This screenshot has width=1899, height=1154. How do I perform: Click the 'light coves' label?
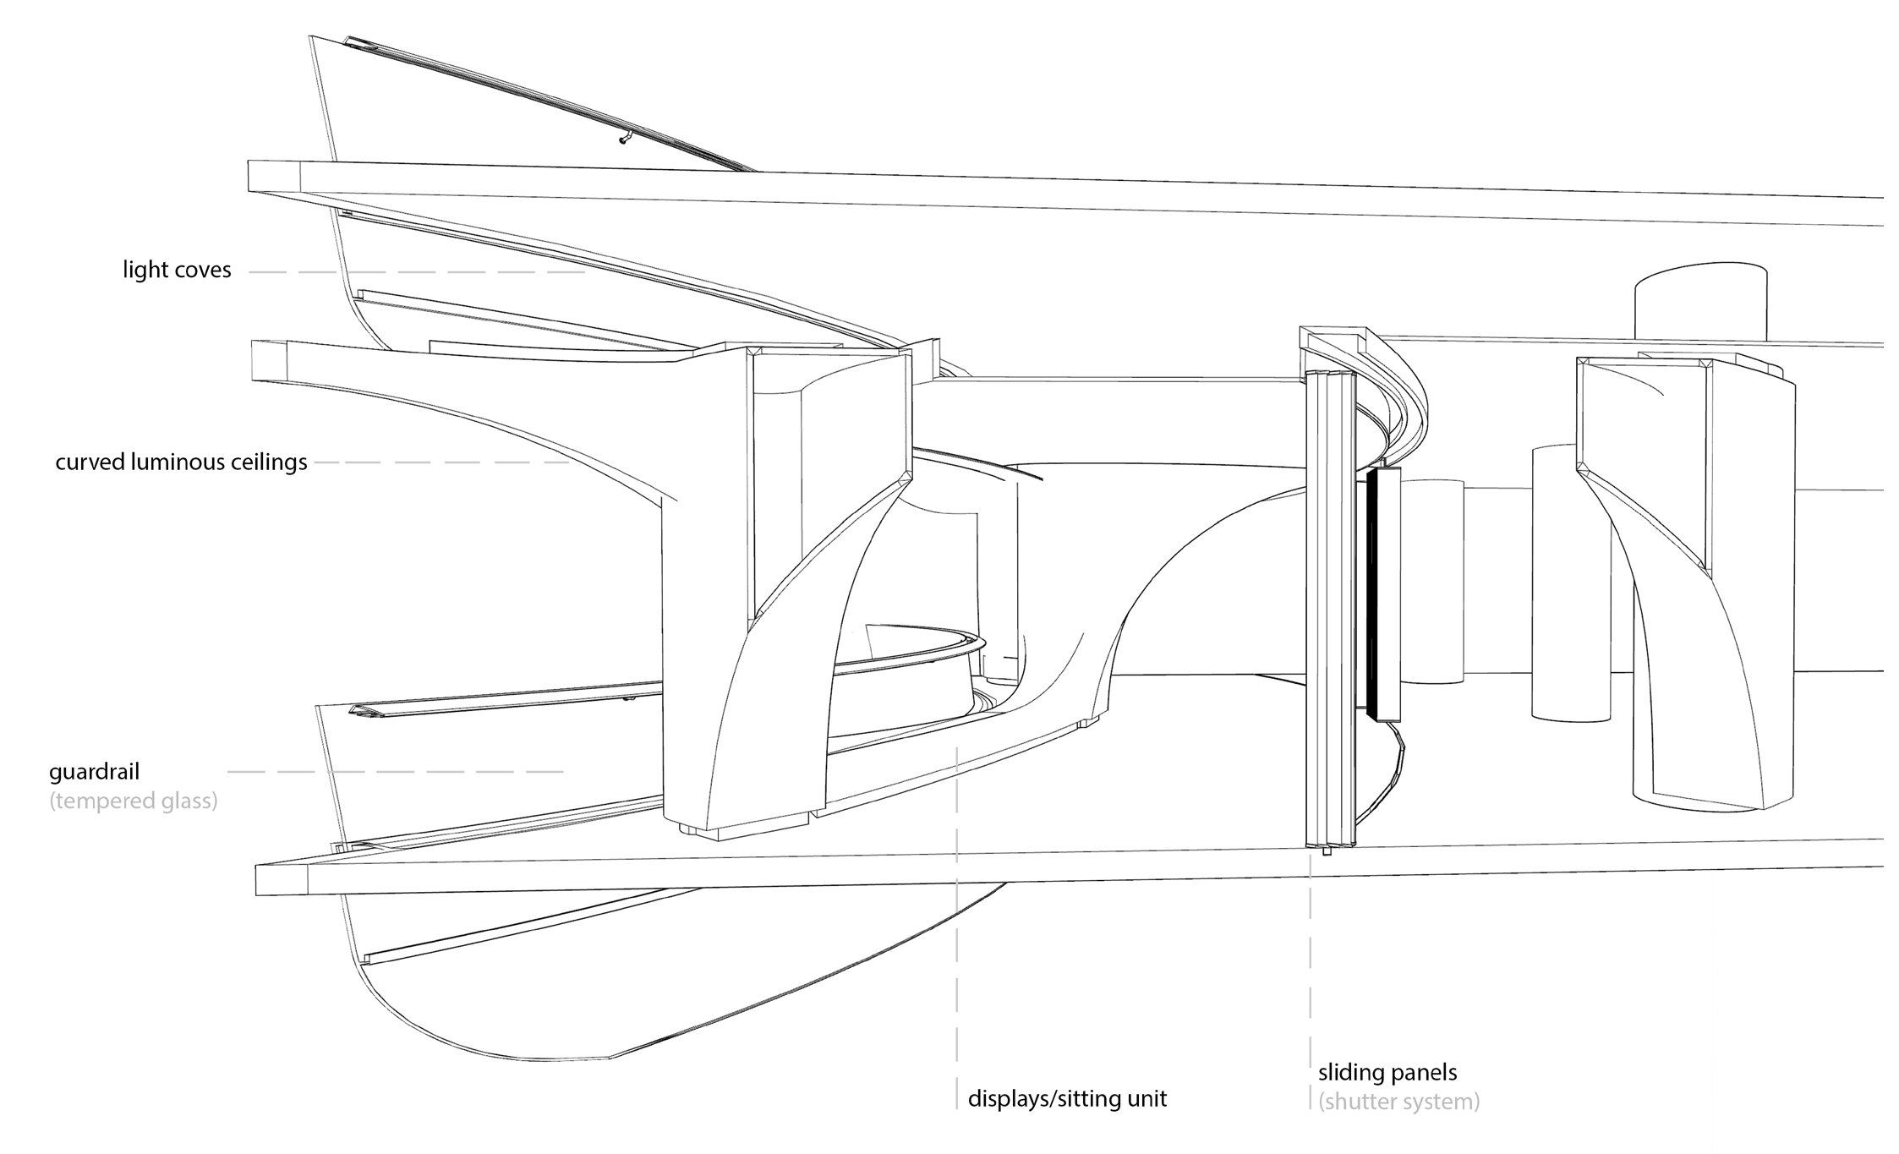tap(177, 271)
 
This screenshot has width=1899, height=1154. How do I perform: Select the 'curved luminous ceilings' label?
tap(181, 463)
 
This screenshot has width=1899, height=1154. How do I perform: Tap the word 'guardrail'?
tap(94, 772)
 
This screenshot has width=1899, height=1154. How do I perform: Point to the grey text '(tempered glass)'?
tap(134, 801)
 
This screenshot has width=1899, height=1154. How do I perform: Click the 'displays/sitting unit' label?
tap(1067, 1099)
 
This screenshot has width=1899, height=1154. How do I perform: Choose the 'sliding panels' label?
tap(1387, 1073)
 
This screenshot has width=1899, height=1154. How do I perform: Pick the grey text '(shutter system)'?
tap(1398, 1102)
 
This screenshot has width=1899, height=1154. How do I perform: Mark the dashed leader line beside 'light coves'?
tap(418, 272)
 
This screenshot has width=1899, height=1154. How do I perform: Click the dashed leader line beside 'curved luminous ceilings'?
tap(441, 462)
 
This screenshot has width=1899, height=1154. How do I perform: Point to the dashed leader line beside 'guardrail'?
tap(396, 772)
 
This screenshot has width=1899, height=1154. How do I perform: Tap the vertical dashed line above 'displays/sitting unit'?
tap(957, 927)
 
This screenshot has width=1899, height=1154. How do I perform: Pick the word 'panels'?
tap(1426, 1074)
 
